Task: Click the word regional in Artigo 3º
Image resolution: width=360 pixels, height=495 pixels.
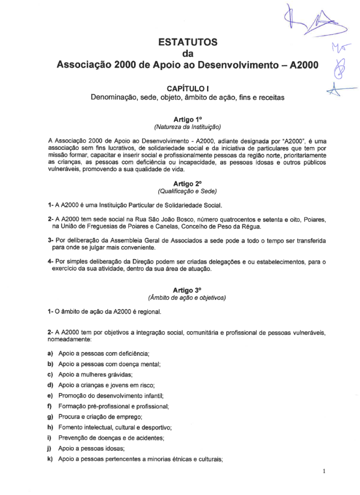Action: (x=148, y=312)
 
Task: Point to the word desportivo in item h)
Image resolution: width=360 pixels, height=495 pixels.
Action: (x=157, y=427)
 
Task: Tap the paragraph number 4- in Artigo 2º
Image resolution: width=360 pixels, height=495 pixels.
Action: (x=50, y=262)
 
